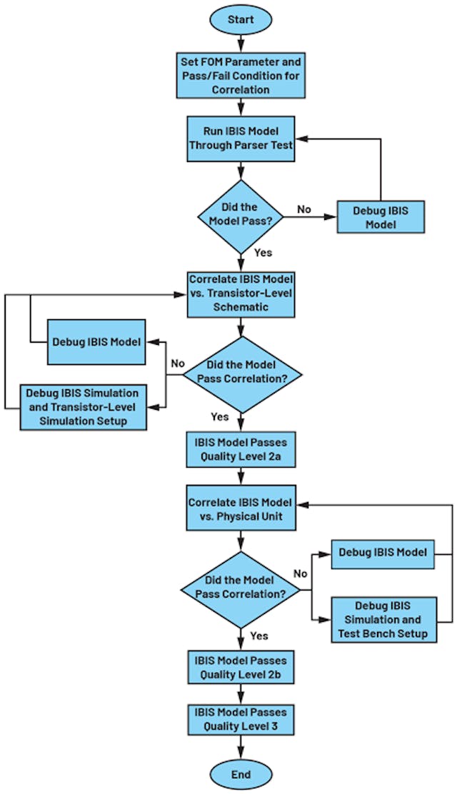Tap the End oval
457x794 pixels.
[x=241, y=774]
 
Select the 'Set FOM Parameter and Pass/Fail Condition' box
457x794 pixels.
[x=241, y=76]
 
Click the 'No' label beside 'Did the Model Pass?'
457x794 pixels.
[x=303, y=209]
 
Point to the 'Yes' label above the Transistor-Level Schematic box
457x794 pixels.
[x=263, y=252]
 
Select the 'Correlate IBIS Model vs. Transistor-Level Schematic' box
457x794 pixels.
[x=241, y=293]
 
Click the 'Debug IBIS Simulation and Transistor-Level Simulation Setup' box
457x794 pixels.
[x=83, y=407]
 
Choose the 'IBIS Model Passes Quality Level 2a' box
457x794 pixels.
[x=241, y=448]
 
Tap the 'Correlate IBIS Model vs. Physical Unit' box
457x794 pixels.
[x=241, y=509]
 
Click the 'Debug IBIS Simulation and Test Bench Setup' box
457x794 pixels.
[x=383, y=619]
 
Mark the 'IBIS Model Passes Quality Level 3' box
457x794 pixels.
[x=241, y=719]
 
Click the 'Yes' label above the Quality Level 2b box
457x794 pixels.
[x=260, y=635]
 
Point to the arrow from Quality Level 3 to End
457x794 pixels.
[x=241, y=746]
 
